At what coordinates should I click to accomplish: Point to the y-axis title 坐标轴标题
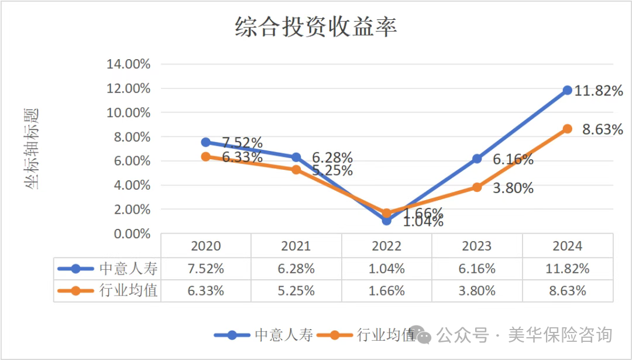tap(33, 149)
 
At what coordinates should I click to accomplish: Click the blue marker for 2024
tap(567, 90)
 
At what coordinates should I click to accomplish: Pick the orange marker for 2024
tap(567, 129)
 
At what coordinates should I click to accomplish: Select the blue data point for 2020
tap(206, 142)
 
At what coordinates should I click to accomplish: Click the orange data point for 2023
tap(477, 187)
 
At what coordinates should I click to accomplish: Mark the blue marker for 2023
tap(477, 159)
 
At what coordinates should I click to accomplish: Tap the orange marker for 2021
tap(296, 170)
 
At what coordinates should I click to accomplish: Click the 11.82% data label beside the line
tap(598, 91)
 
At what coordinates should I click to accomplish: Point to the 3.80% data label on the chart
tap(513, 188)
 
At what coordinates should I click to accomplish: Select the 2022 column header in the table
tap(387, 246)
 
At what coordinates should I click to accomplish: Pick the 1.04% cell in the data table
tap(387, 269)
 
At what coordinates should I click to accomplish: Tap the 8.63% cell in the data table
tap(567, 290)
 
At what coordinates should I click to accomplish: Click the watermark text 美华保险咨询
tap(560, 335)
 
